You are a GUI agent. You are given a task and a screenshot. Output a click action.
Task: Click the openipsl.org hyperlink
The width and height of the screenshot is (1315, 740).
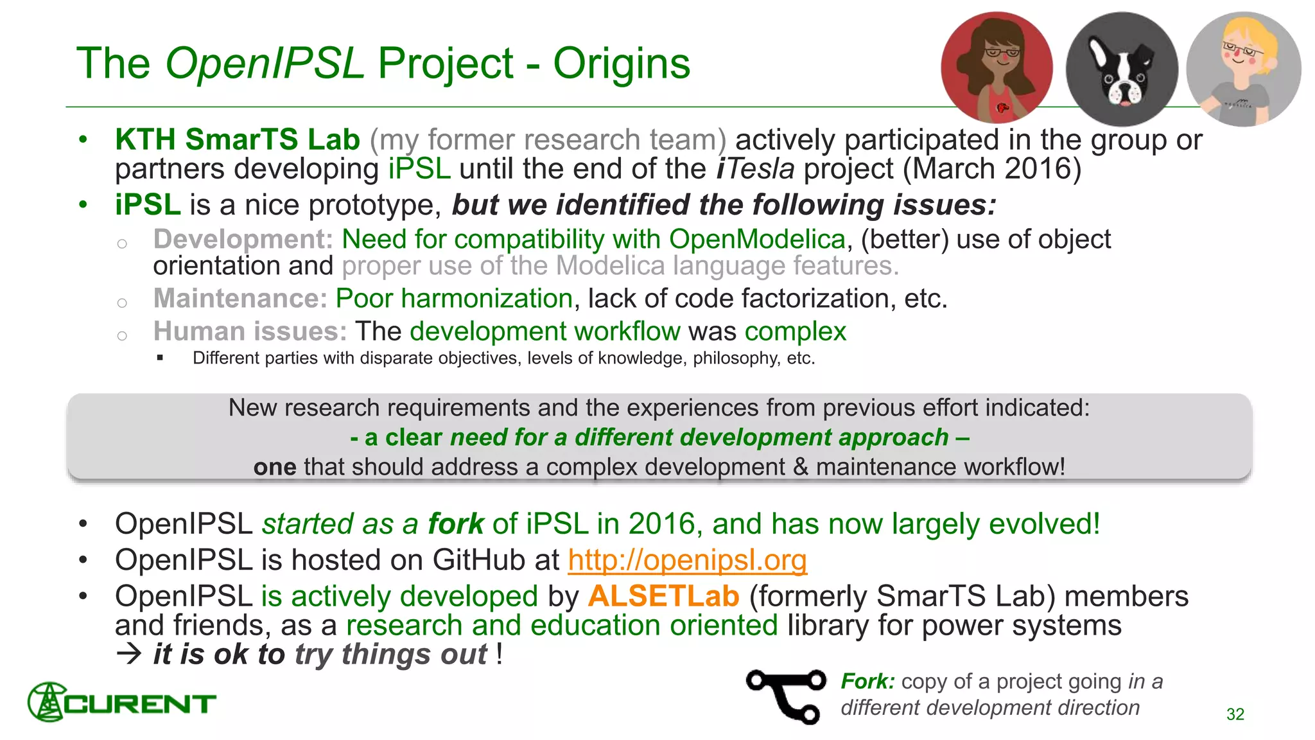(687, 560)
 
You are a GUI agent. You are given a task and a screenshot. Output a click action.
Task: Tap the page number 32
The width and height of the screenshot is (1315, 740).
(1235, 714)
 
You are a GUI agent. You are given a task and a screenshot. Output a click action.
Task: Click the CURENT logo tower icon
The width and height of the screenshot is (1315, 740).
(46, 702)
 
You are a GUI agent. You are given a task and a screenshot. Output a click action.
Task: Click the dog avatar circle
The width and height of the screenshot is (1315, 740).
(1121, 69)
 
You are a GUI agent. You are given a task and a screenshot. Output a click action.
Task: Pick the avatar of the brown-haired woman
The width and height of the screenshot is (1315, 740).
(997, 67)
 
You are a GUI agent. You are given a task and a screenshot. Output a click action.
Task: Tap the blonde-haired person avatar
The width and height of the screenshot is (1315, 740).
(1243, 69)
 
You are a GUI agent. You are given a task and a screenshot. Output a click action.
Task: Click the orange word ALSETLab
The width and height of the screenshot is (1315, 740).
(663, 596)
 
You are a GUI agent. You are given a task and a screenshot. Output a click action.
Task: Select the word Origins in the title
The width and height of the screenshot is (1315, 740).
(622, 64)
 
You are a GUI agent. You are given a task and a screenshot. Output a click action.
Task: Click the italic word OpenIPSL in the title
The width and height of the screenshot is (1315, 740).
(265, 64)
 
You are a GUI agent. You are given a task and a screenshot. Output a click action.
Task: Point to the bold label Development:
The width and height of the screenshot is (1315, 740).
(243, 240)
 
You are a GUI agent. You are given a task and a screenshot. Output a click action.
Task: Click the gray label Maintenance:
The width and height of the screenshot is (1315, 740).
(240, 299)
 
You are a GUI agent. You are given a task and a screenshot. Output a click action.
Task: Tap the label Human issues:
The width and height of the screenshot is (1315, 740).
(250, 331)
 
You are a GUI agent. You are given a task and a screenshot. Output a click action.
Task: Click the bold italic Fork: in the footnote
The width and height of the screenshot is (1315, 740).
(867, 681)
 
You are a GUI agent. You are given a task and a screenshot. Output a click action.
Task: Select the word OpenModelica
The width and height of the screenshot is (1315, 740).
(757, 240)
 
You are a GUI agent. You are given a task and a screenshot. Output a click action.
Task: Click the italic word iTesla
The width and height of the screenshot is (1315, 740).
(755, 169)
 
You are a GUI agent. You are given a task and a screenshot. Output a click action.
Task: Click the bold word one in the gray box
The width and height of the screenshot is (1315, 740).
(275, 467)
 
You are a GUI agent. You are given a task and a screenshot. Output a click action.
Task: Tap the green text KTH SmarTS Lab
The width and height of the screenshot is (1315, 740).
(238, 140)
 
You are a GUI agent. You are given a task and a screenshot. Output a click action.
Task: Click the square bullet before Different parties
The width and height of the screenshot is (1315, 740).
(161, 358)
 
